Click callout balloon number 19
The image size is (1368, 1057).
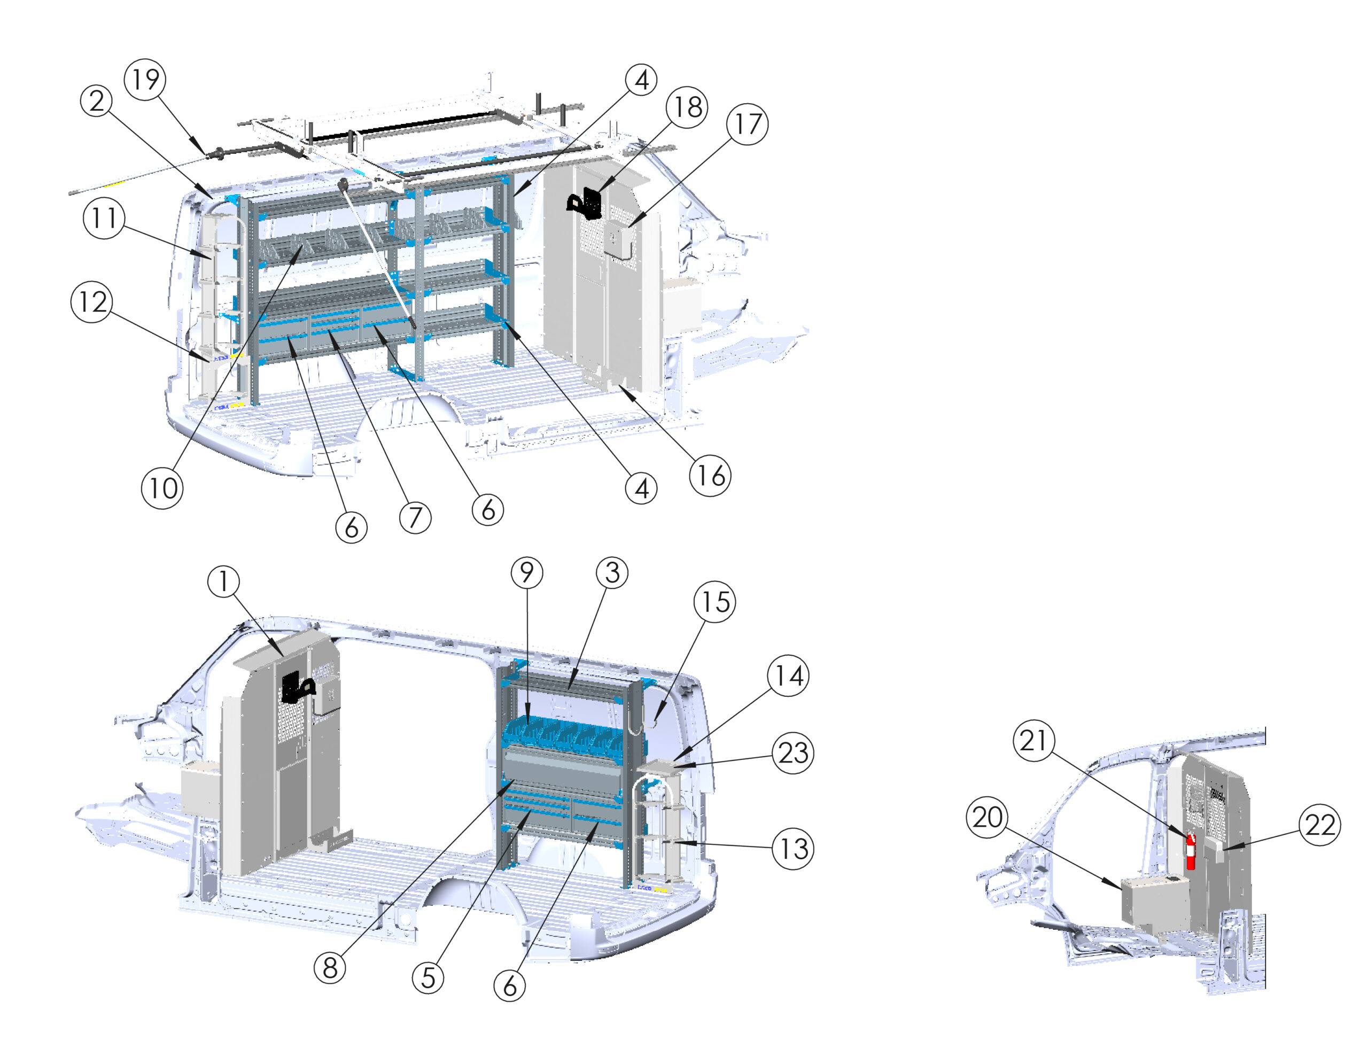tap(145, 80)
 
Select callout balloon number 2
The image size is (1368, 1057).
tap(97, 101)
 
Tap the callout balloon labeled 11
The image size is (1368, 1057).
tap(104, 218)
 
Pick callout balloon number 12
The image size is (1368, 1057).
tap(92, 302)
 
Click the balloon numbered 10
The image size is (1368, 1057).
tap(162, 488)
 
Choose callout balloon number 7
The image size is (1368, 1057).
tap(415, 517)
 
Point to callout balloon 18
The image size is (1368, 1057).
tap(687, 107)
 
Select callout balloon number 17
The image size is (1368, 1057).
tap(747, 124)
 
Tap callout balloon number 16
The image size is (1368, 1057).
tap(710, 476)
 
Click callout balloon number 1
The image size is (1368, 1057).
tap(223, 581)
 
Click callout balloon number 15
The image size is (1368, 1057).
tap(714, 602)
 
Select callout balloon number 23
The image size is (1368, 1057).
tap(793, 753)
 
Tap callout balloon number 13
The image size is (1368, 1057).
tap(793, 849)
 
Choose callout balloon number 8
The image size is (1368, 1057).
tap(330, 968)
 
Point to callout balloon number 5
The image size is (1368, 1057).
tap(428, 977)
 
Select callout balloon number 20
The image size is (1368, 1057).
tap(987, 817)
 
